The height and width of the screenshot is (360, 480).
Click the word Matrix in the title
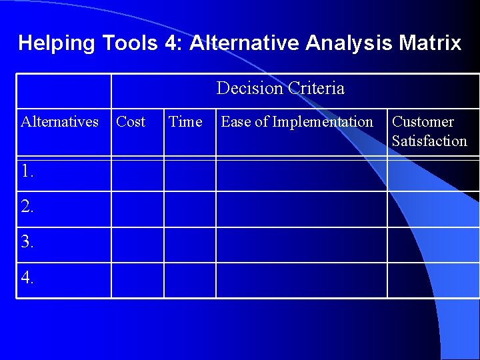430,43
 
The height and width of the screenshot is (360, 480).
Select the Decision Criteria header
280,88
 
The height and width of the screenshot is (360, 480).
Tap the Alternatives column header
60,122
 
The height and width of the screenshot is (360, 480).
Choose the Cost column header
131,122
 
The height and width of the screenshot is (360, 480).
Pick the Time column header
185,122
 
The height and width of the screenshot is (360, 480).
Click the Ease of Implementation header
297,122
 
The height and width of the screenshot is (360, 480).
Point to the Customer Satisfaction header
429,131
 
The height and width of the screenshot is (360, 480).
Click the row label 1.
27,172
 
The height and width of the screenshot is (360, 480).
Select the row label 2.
27,207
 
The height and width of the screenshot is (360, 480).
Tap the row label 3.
27,243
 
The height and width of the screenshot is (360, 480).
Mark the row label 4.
27,279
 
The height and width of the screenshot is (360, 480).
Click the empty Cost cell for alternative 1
137,174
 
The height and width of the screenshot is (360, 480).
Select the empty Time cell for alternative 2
190,209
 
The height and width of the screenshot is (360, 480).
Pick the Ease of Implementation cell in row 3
301,245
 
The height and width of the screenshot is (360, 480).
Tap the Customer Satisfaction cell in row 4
433,280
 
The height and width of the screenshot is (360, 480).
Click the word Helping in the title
57,43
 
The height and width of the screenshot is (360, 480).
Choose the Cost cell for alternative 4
137,280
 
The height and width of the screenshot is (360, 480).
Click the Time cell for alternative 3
190,245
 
